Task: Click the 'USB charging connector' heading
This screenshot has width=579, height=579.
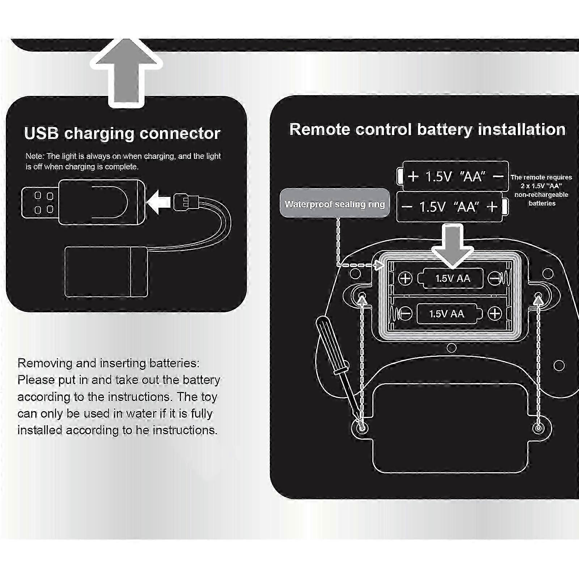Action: coord(122,133)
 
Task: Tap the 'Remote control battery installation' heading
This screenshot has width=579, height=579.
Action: coord(427,130)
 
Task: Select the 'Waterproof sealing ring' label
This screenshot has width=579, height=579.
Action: coord(334,204)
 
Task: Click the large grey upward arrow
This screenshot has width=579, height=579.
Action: coord(126,72)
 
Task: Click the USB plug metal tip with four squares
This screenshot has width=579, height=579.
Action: coord(40,203)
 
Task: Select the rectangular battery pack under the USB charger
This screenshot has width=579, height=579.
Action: coord(106,272)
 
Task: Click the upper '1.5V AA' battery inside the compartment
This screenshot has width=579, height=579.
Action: coord(452,278)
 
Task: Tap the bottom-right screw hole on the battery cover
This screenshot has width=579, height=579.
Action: coord(538,428)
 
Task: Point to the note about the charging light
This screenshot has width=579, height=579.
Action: coord(123,161)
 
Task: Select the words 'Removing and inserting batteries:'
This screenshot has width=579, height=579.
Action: coord(108,363)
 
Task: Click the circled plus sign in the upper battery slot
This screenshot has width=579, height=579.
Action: coord(405,278)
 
